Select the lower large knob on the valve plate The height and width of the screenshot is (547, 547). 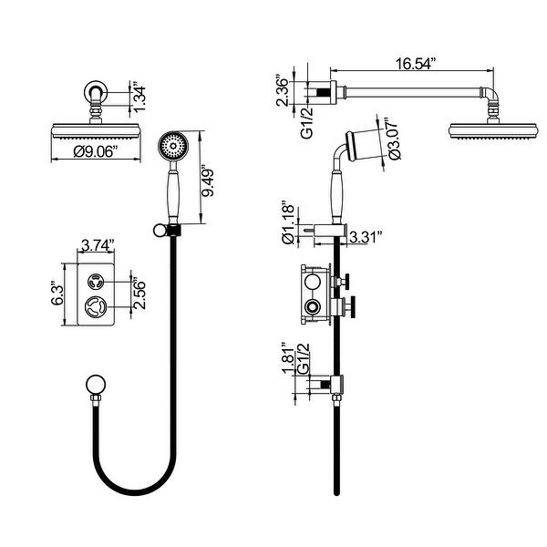tap(94, 308)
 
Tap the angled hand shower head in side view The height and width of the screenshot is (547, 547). tap(366, 139)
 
